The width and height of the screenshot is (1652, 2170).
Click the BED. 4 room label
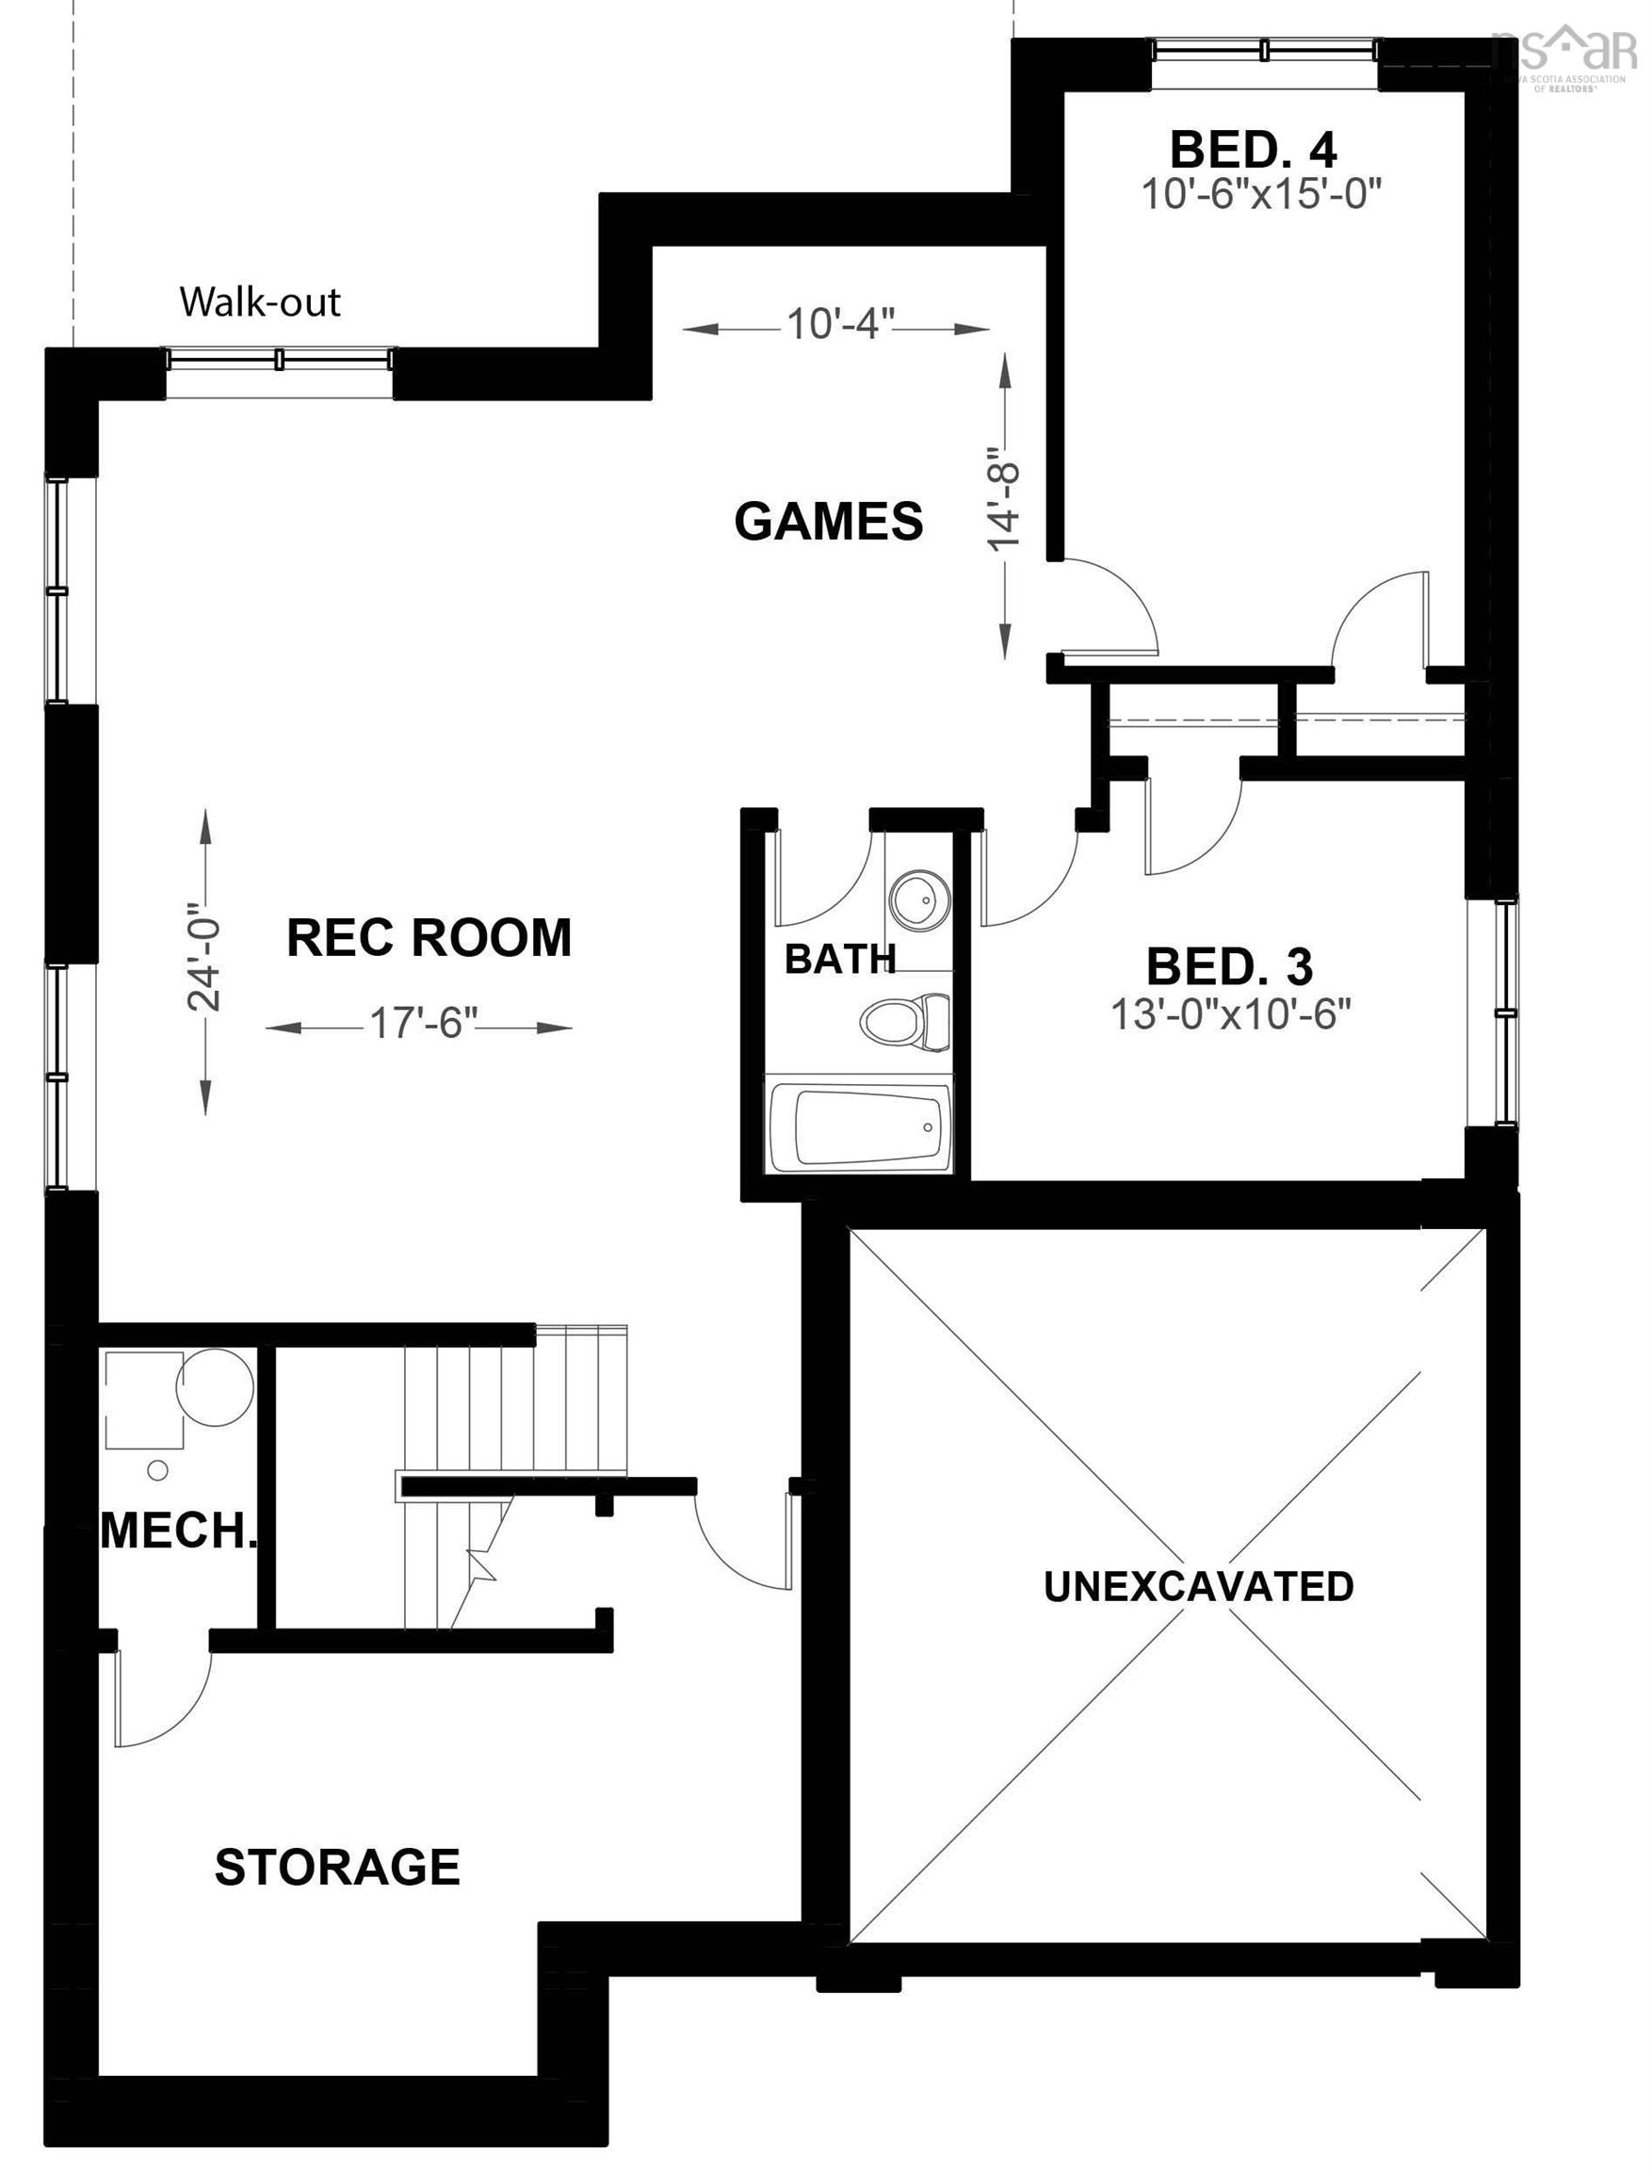tap(1253, 150)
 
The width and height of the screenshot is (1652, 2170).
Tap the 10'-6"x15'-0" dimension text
tap(1260, 195)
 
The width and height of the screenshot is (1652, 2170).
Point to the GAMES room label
tap(829, 521)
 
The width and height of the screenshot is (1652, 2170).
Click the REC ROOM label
tap(429, 937)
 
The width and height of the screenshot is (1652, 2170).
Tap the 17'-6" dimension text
tap(423, 1024)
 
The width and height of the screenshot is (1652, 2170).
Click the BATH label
tap(840, 959)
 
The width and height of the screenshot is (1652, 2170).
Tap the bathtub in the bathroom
tap(858, 1125)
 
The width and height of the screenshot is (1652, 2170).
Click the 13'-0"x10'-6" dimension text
tap(1231, 1013)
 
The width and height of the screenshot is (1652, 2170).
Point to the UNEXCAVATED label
tap(1198, 1586)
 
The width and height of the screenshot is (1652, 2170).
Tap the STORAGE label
tap(337, 1867)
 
